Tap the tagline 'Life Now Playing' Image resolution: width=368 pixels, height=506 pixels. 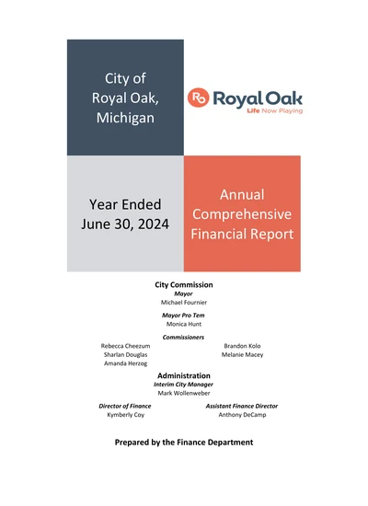(274, 111)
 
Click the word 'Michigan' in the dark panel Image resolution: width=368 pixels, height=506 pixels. (125, 119)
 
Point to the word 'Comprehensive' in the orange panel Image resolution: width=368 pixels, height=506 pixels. (242, 214)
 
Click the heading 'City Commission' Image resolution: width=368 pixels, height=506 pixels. (184, 285)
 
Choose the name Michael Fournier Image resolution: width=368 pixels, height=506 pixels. (184, 302)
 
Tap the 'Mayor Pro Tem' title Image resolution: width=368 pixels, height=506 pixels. (184, 316)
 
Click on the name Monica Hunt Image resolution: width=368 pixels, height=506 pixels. (184, 324)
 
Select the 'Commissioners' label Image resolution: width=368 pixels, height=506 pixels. (184, 338)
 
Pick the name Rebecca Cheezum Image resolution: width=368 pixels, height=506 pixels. (125, 347)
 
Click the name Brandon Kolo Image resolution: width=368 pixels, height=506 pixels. (242, 347)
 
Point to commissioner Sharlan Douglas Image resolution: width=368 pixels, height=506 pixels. (124, 355)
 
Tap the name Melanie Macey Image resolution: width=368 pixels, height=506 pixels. (243, 355)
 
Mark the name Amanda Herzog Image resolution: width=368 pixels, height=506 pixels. (124, 364)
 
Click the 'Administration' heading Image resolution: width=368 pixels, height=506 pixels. (184, 375)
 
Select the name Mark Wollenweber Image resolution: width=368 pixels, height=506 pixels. (184, 393)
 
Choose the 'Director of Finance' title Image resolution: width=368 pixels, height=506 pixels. (125, 406)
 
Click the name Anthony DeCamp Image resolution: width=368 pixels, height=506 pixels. (243, 415)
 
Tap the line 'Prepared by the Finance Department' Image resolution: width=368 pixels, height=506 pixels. (184, 443)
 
